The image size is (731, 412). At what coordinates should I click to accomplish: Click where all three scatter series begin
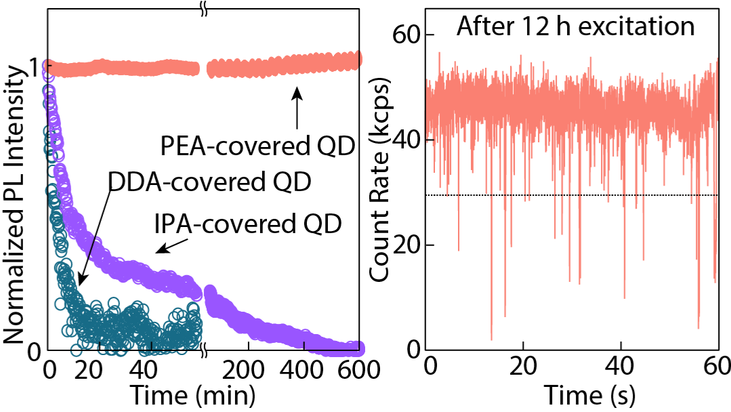coord(46,66)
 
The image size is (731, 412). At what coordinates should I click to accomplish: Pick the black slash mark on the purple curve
coord(93,247)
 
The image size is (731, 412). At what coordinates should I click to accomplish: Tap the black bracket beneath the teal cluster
coord(149,348)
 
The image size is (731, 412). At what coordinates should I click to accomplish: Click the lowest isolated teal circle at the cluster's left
coord(76,350)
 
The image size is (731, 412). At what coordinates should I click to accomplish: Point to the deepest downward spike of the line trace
coord(492,338)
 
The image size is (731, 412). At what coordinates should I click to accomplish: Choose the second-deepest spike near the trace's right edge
coord(698,327)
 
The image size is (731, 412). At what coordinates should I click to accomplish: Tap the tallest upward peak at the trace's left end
coord(439,54)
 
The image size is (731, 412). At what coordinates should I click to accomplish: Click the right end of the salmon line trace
coord(717,60)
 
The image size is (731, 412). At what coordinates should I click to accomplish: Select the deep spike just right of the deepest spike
coord(505,315)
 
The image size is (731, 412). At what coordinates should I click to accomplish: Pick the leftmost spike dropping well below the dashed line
coord(459,249)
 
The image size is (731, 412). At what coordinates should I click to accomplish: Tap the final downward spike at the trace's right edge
coord(715,281)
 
